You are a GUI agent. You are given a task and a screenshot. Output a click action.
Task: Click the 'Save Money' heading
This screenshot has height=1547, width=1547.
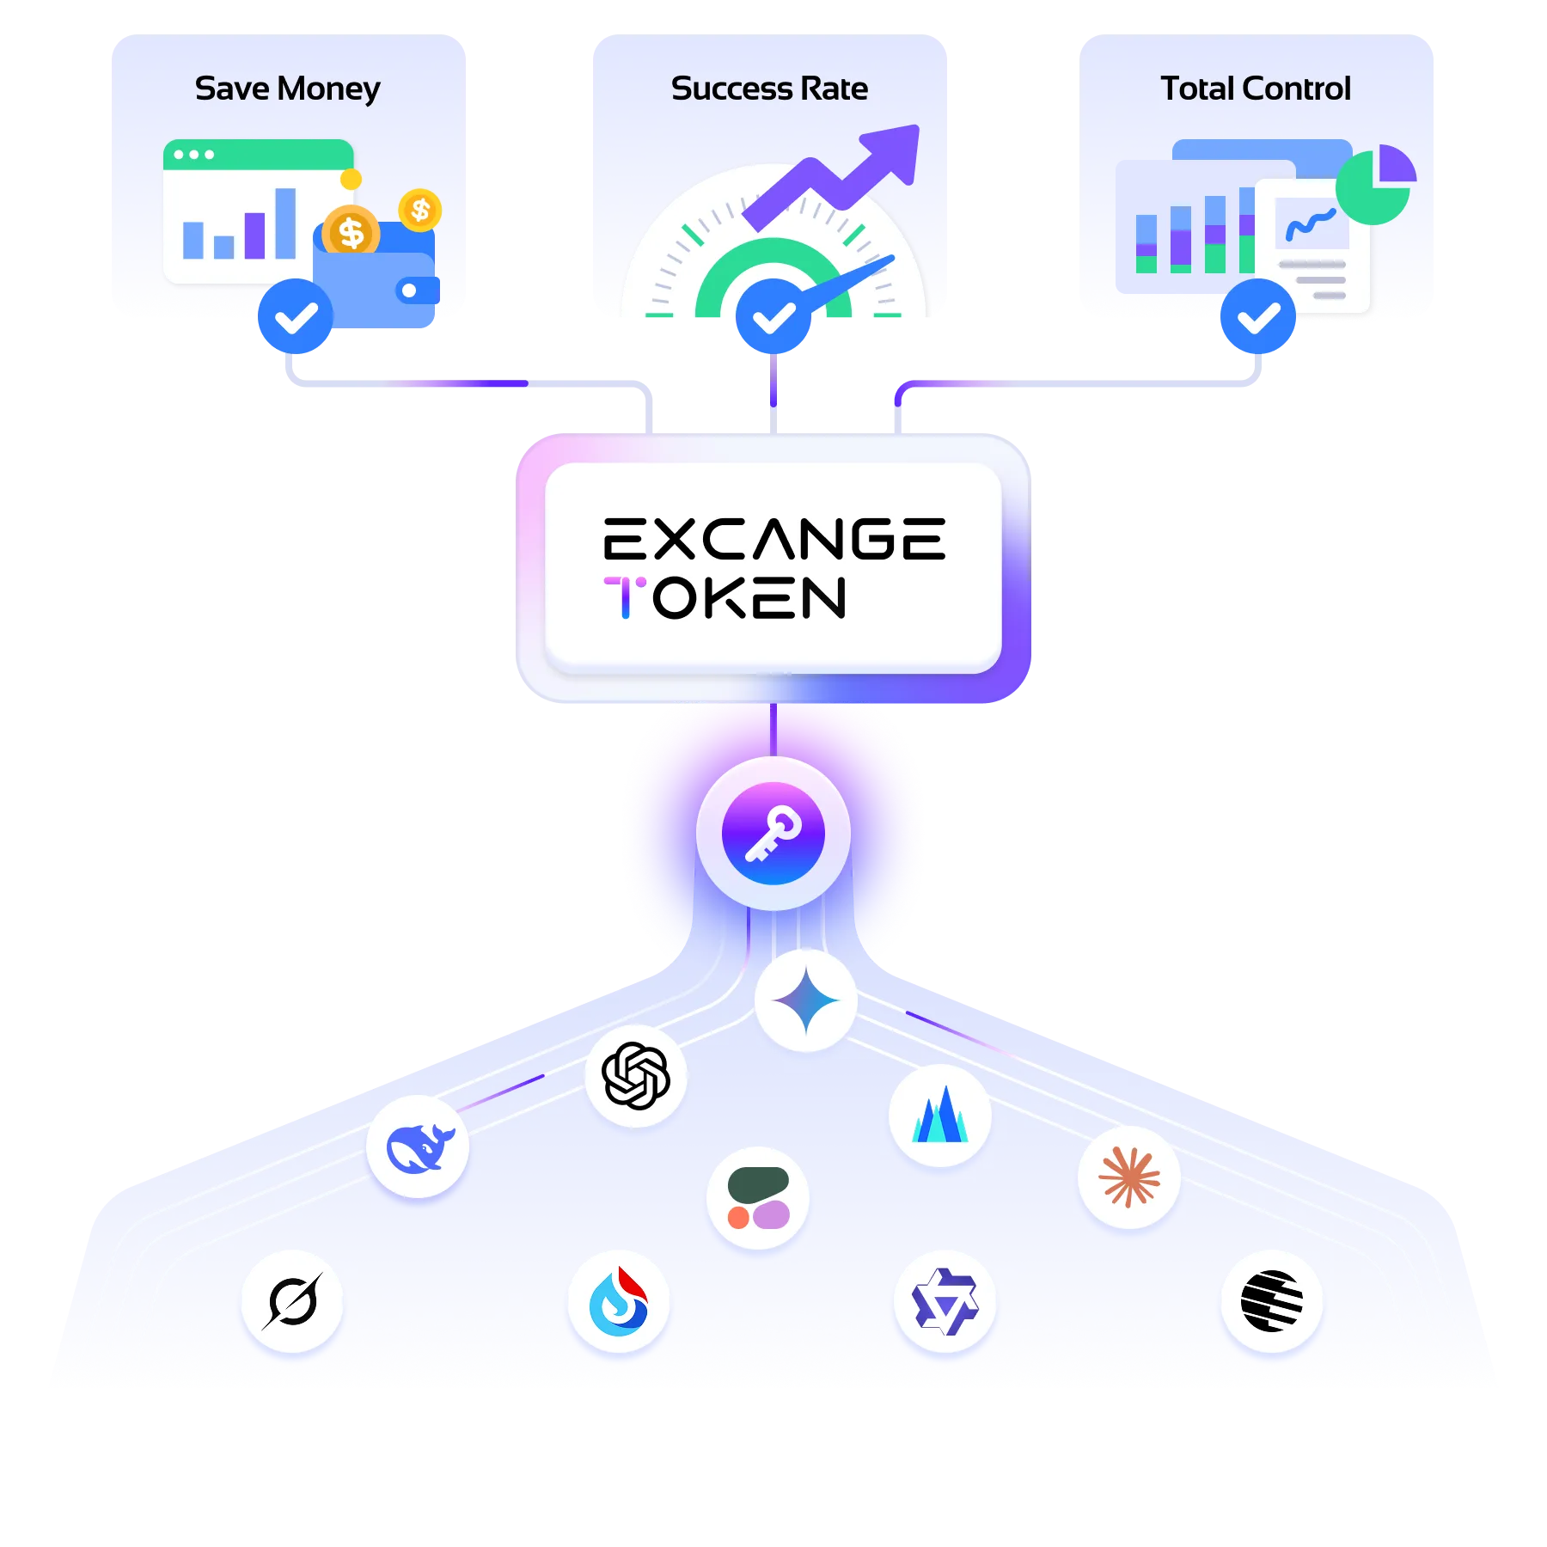coord(287,89)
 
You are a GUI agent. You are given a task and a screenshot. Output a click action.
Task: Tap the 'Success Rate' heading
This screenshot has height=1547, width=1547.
coord(769,89)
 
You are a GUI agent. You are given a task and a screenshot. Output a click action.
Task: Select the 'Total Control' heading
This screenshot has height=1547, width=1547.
coord(1256,89)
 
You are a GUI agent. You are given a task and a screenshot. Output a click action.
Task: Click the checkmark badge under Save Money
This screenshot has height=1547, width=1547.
coord(295,318)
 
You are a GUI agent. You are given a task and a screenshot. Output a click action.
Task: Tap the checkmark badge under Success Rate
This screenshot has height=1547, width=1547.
coord(773,318)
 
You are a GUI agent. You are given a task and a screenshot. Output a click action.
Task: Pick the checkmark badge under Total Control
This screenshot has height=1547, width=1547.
coord(1258,318)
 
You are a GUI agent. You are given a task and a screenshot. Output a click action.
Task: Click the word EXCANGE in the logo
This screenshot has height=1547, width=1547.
coord(773,540)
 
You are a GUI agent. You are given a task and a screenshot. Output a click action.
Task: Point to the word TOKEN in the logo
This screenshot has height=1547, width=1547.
coord(726,598)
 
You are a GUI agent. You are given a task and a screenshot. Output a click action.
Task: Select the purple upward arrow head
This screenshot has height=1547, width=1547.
coord(894,150)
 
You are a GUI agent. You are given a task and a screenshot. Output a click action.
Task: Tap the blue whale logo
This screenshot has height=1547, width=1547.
coord(418,1146)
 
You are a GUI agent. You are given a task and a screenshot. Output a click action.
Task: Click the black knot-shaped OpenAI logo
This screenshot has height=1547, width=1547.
coord(636,1075)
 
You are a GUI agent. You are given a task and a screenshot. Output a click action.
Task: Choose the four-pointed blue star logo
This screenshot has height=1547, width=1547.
coord(806,1000)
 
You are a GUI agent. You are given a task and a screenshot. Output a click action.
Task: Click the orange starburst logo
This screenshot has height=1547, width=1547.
coord(1129,1177)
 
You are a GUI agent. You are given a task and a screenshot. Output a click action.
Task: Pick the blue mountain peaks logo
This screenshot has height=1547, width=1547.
coord(940,1116)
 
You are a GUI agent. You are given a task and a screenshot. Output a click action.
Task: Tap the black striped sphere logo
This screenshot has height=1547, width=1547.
coord(1272,1301)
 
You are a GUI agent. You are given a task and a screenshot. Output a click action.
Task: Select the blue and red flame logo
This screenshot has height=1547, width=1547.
coord(618,1301)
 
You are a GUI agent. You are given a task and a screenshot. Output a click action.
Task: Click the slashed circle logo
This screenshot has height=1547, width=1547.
coord(292,1301)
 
